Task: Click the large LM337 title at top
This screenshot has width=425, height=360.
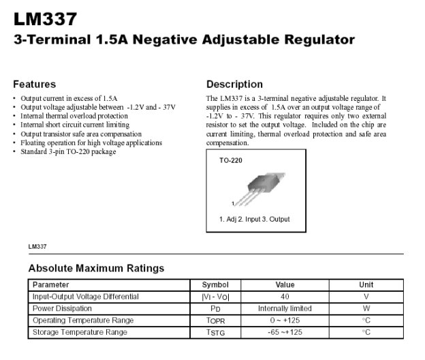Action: [45, 18]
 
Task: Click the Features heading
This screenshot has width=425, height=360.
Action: [34, 85]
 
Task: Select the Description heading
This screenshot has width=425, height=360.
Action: [234, 85]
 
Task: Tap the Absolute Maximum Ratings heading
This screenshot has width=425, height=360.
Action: [96, 268]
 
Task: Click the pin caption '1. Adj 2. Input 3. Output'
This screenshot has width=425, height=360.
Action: [254, 219]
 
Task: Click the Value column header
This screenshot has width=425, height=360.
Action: [285, 284]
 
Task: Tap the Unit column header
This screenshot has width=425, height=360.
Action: [366, 284]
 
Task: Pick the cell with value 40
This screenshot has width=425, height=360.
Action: [285, 297]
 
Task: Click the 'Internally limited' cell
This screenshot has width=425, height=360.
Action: [285, 308]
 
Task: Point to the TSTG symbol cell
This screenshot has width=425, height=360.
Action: [215, 332]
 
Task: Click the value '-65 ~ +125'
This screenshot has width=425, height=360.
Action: [285, 332]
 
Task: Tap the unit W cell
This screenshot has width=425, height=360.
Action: [366, 308]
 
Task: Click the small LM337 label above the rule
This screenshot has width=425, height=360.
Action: [37, 245]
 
